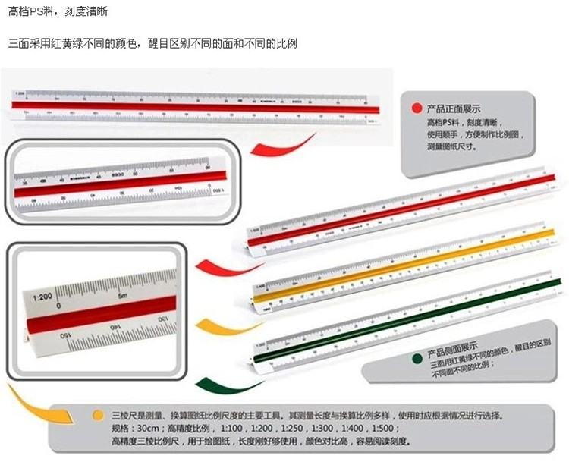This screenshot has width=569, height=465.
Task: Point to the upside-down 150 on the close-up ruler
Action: click(67, 335)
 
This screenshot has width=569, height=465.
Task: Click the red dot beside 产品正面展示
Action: click(416, 108)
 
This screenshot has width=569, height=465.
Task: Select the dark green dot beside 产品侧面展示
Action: click(416, 358)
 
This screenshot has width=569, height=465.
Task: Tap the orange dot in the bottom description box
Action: click(97, 416)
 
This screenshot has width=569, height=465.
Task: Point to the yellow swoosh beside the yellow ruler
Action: click(219, 325)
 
